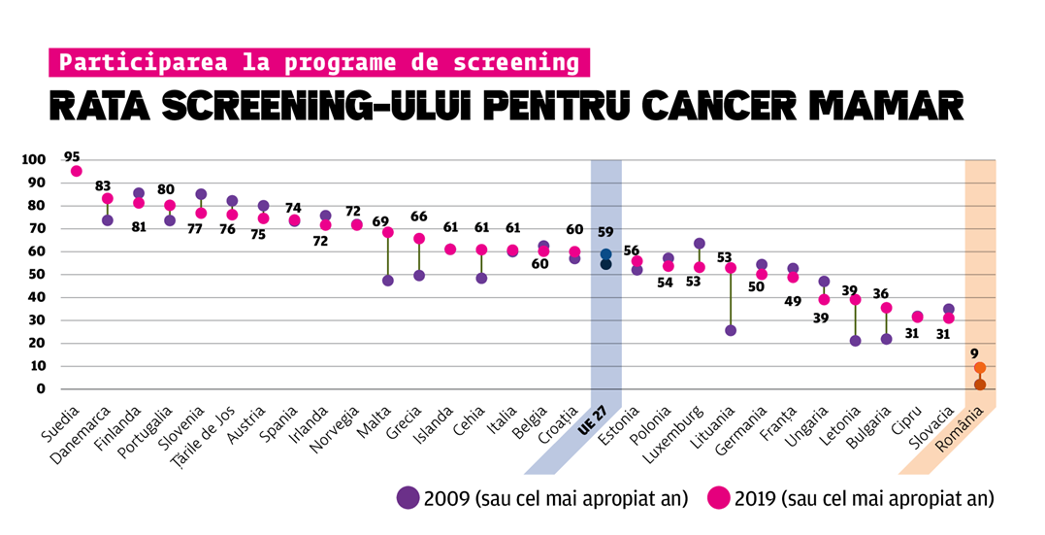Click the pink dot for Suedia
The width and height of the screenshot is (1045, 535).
(77, 171)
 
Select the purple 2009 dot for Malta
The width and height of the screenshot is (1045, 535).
(388, 281)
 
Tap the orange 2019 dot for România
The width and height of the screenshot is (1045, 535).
(980, 368)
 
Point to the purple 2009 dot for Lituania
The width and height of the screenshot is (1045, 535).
(731, 330)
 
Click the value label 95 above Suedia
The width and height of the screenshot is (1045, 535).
(72, 155)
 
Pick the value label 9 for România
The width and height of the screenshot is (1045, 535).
(976, 353)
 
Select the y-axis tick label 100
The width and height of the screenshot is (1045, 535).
(33, 160)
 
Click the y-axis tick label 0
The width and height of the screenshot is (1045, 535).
(41, 389)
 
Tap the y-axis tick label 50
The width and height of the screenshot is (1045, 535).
(37, 275)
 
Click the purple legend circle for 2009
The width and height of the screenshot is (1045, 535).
(408, 498)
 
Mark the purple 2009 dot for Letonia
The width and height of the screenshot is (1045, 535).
(855, 341)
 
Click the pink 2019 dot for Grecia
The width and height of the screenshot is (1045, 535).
(419, 239)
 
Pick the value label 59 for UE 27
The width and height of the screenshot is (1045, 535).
(604, 232)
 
